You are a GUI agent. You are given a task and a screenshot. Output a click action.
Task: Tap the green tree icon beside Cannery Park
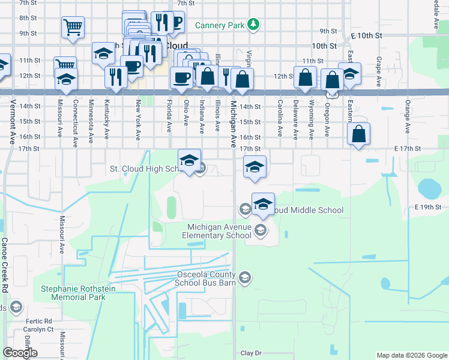[255, 25]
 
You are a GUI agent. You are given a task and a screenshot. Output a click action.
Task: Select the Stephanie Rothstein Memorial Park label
[73, 293]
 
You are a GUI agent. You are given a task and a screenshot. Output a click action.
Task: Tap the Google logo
[20, 353]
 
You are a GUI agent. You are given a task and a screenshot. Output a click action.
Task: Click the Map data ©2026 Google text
[411, 355]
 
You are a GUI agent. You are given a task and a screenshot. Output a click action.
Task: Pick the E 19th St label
[427, 207]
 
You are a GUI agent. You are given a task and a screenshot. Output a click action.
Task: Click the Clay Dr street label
[252, 353]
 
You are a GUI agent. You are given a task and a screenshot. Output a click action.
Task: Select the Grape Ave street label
[379, 72]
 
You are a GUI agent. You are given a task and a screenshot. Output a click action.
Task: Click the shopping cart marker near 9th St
[73, 26]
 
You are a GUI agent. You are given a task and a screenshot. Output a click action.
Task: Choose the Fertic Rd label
[40, 321]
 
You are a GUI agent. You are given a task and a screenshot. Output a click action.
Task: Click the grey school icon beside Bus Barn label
[244, 277]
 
